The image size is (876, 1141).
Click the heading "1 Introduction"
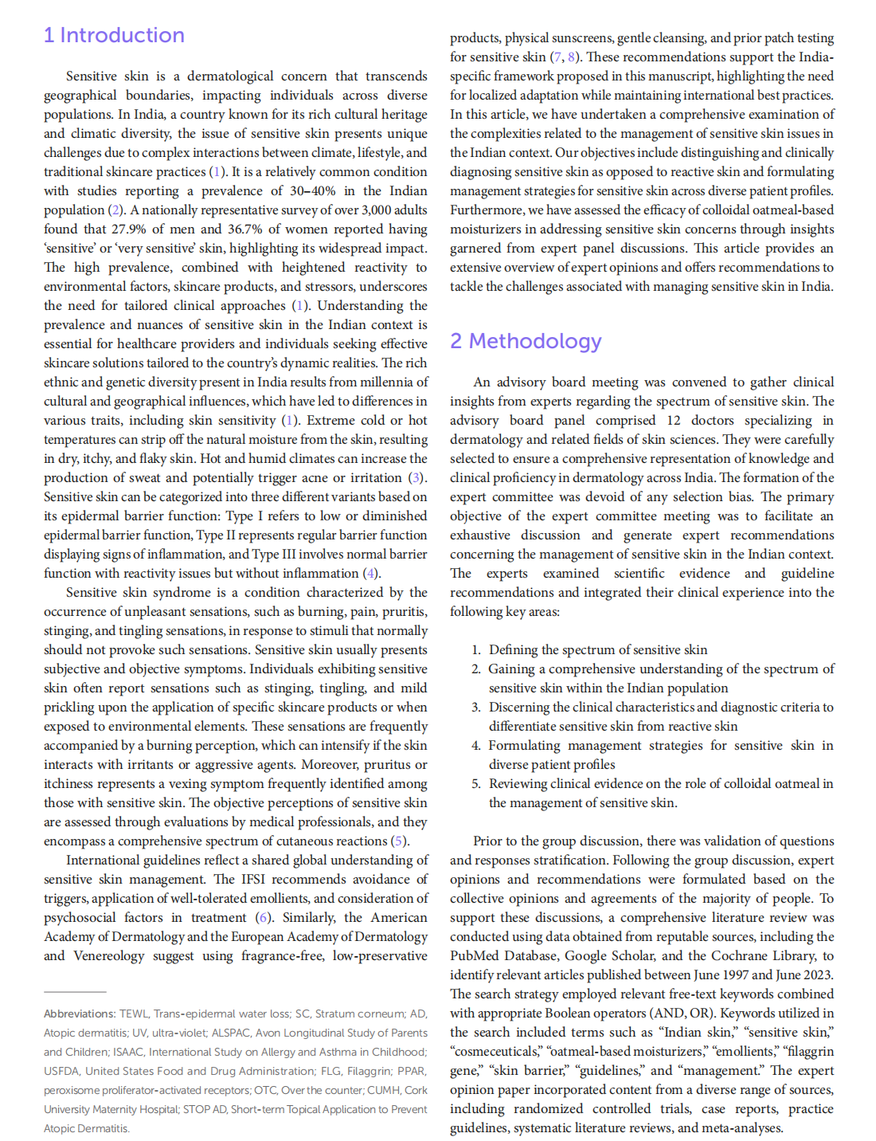114,36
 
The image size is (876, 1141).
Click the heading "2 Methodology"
526,341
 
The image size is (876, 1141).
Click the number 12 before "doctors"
674,421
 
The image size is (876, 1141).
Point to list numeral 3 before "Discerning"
475,708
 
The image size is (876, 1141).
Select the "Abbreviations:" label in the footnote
80,1014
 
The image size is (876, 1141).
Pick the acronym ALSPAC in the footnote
233,1033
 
